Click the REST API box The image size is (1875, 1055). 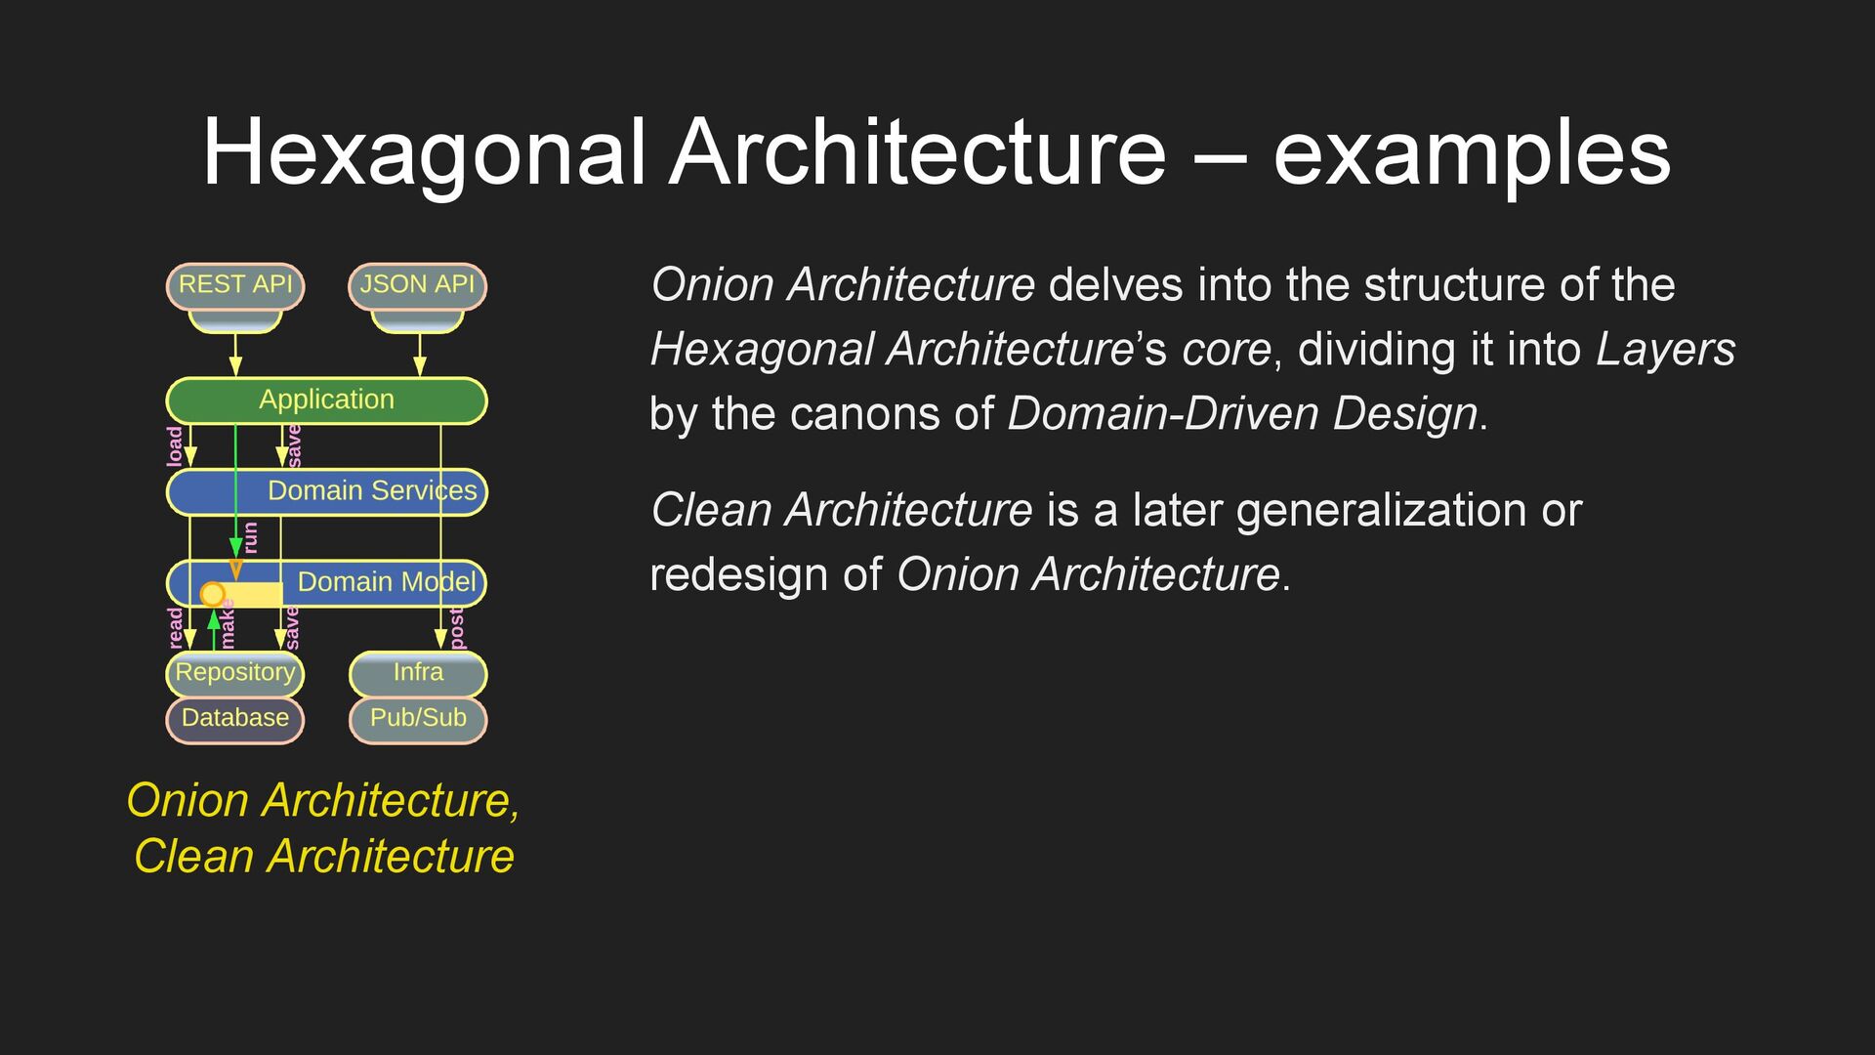tap(235, 285)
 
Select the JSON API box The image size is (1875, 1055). tap(417, 285)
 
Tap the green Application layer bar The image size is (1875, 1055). tap(326, 401)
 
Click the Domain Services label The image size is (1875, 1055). tap(372, 490)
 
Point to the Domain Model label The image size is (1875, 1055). tap(387, 582)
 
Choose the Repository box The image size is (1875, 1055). tap(234, 673)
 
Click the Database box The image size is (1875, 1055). tap(234, 719)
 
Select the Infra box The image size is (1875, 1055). tap(418, 673)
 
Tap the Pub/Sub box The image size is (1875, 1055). tap(418, 719)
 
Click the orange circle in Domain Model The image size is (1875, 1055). tap(212, 594)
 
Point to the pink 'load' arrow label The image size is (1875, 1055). tap(175, 446)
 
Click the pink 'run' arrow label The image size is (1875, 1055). tap(251, 537)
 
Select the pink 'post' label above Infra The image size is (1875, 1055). tap(456, 628)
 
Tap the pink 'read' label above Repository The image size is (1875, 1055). tap(176, 628)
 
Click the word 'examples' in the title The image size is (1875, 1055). tap(1472, 153)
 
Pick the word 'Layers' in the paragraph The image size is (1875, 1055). tap(1665, 350)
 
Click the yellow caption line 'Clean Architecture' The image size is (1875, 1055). tap(324, 857)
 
